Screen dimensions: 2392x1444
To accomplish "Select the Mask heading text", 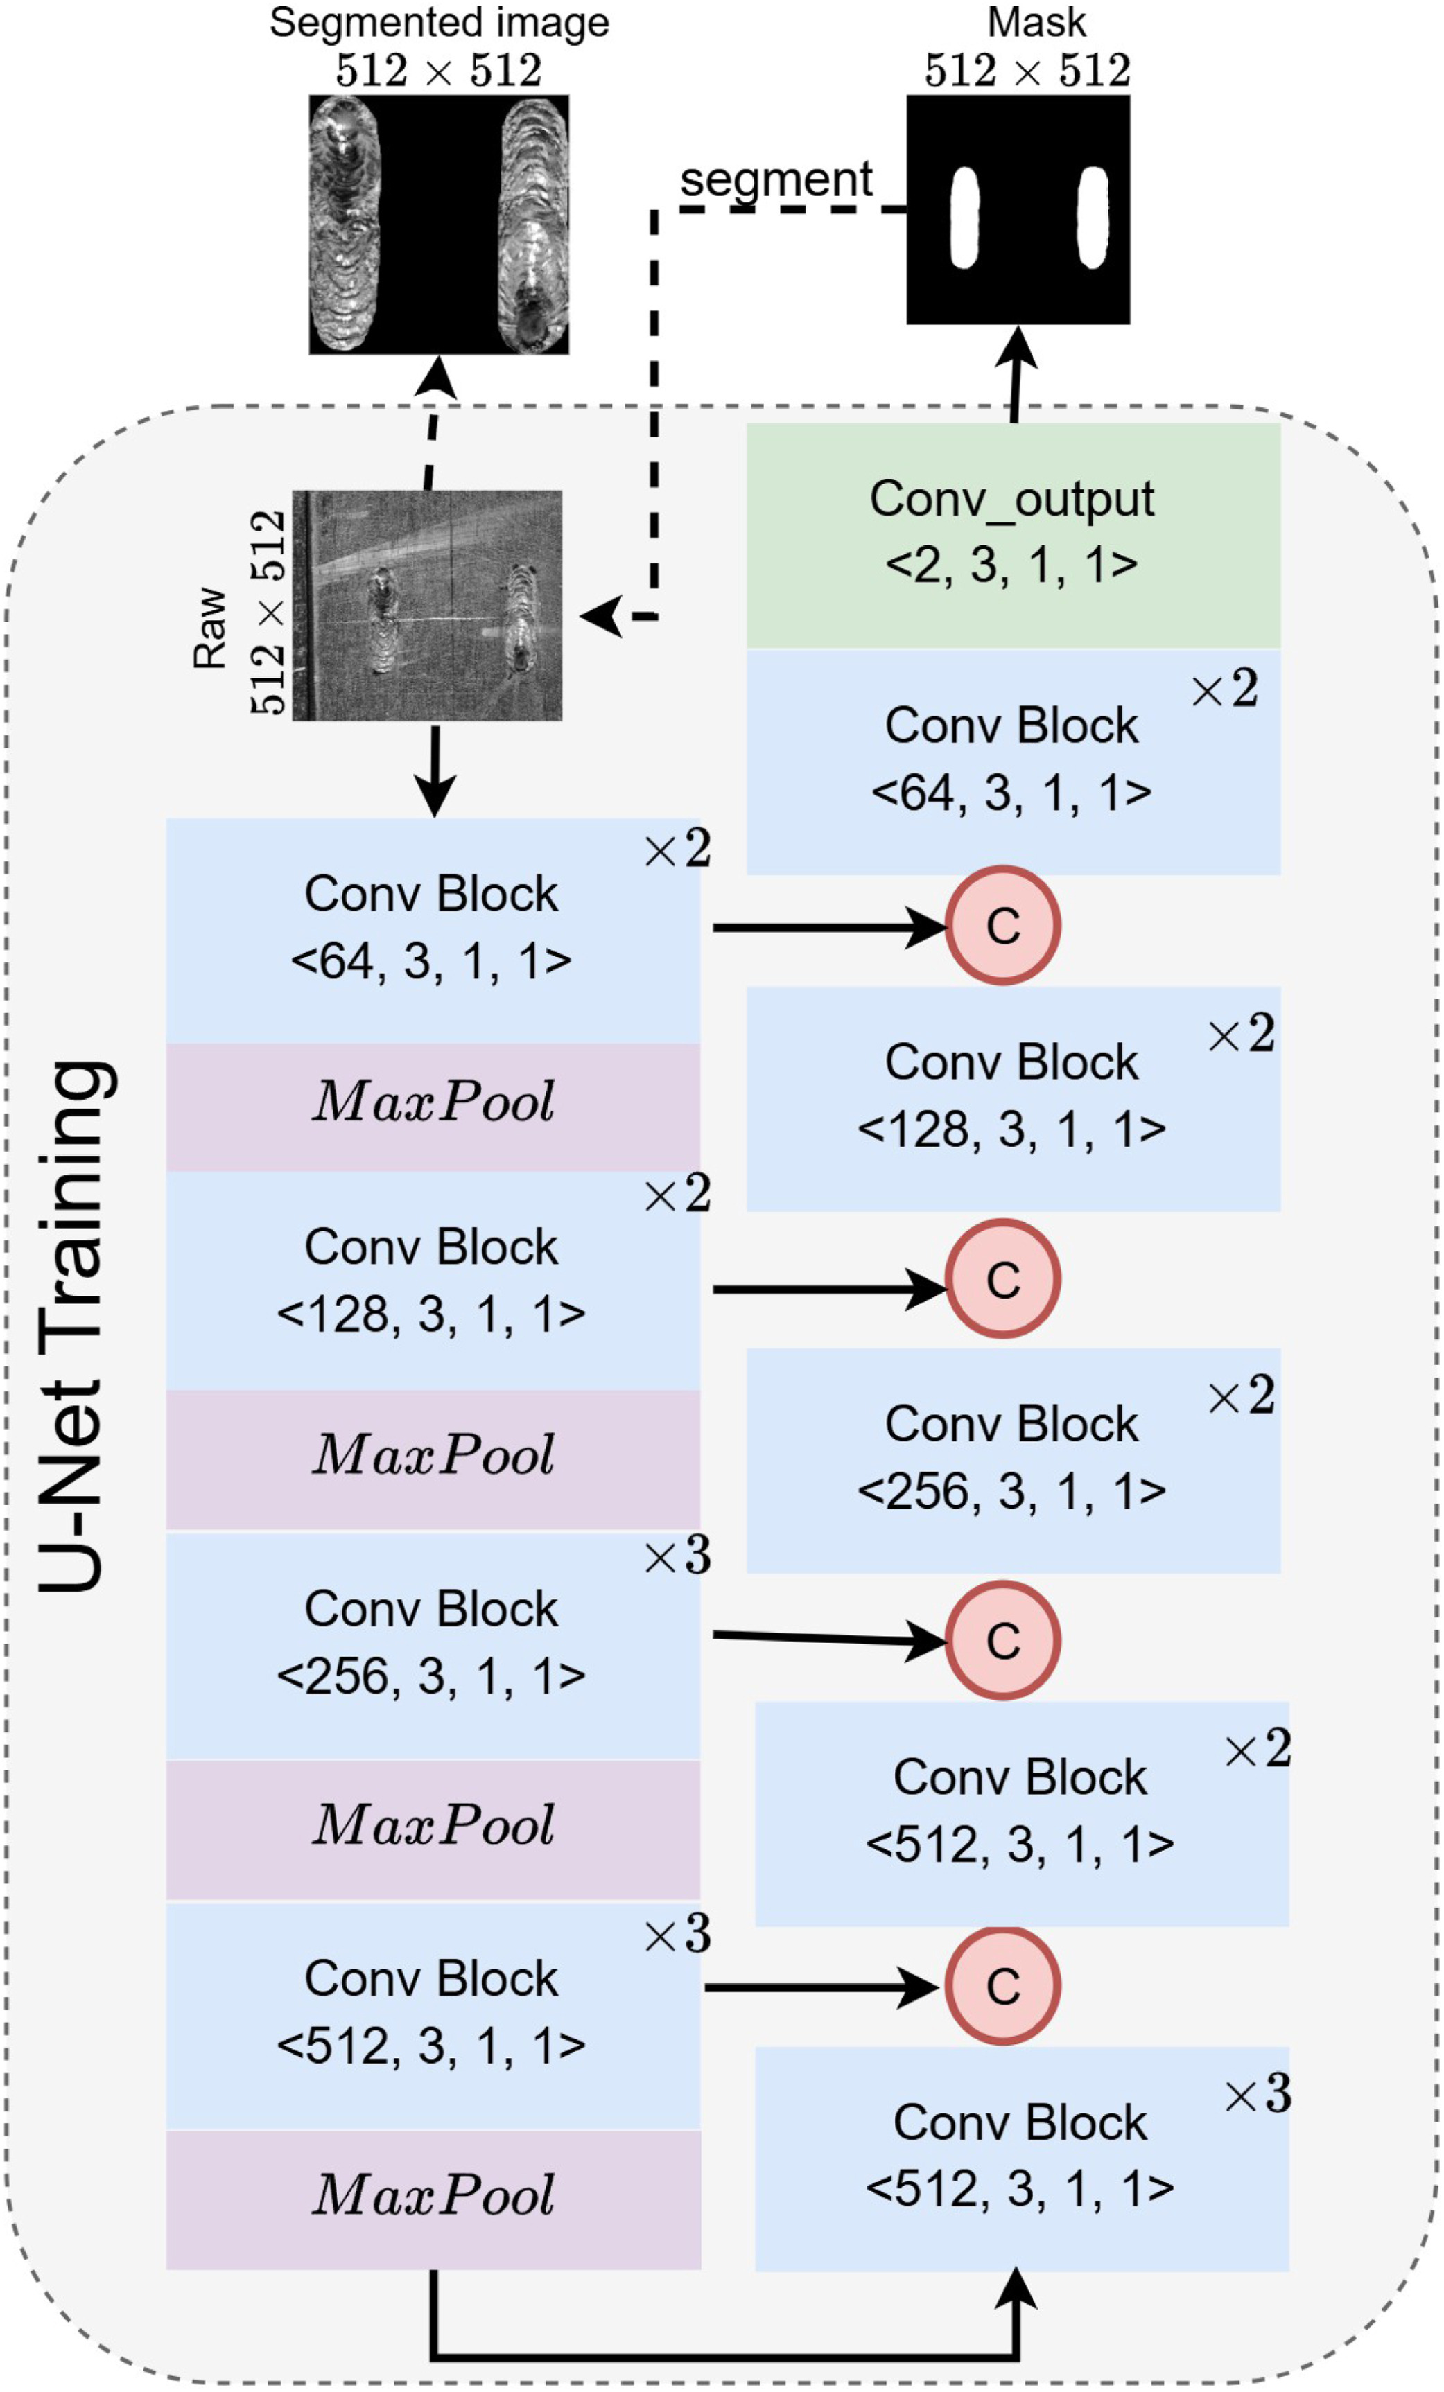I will coord(1036,22).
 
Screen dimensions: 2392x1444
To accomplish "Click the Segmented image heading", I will coord(439,22).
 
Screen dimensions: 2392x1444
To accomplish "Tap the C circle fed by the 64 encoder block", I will coord(1002,925).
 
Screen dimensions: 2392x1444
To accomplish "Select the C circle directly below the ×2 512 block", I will coord(1002,1985).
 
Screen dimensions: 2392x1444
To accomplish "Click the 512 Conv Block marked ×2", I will coord(1022,1811).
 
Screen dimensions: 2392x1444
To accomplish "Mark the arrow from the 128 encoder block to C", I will coord(826,1289).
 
